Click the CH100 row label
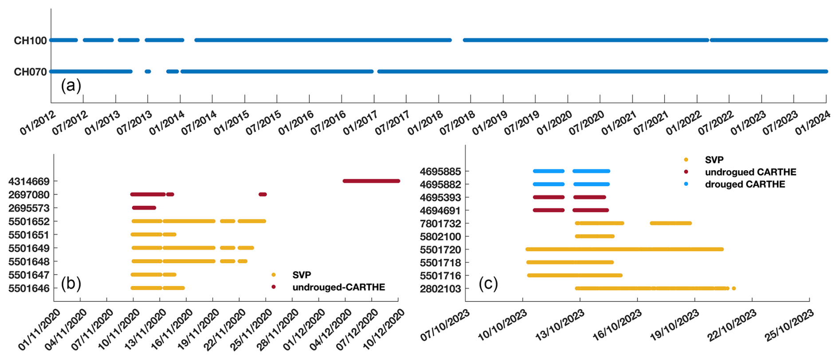pyautogui.click(x=30, y=41)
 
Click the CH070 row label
pyautogui.click(x=30, y=72)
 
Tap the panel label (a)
pyautogui.click(x=71, y=85)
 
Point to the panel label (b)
pyautogui.click(x=71, y=283)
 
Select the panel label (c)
pyautogui.click(x=488, y=283)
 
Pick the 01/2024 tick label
pyautogui.click(x=812, y=123)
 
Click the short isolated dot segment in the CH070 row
pyautogui.click(x=148, y=71)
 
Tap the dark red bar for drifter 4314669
pyautogui.click(x=371, y=181)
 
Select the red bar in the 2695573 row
pyautogui.click(x=144, y=207)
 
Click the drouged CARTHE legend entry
pyautogui.click(x=745, y=184)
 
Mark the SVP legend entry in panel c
pyautogui.click(x=714, y=160)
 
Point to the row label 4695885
pyautogui.click(x=440, y=172)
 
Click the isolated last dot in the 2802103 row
pyautogui.click(x=734, y=289)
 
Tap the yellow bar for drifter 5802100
pyautogui.click(x=595, y=236)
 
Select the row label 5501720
pyautogui.click(x=440, y=250)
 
